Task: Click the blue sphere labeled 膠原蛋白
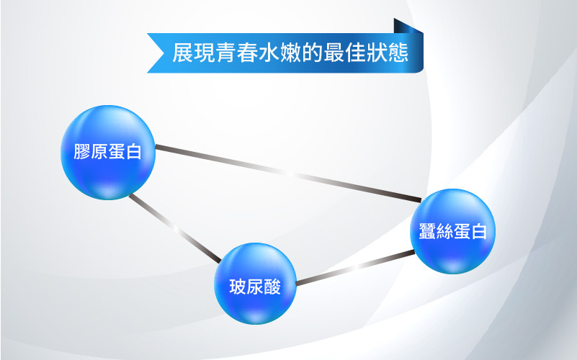coord(108,153)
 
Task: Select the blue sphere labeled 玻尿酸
coord(255,284)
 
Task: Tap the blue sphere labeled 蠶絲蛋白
coord(452,231)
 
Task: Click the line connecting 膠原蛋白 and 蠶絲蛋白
coord(288,174)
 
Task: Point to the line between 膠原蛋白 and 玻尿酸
coord(175,229)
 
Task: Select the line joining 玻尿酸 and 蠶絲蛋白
coord(355,268)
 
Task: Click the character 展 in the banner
coord(182,53)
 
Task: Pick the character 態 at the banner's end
coord(398,53)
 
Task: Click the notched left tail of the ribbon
coord(156,53)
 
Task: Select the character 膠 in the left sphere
coord(82,151)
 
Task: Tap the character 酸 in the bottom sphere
coord(272,287)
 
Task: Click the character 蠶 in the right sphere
coord(427,231)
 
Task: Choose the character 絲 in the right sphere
coord(444,231)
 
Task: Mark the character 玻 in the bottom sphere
coord(238,287)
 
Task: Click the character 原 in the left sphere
coord(99,151)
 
